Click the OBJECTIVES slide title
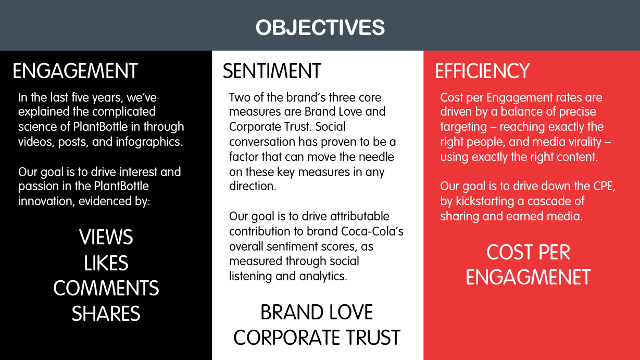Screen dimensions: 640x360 (x=320, y=28)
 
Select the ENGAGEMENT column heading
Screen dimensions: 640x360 (x=75, y=71)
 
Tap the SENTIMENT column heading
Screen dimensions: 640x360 (x=272, y=71)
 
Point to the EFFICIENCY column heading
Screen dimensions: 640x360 (x=482, y=71)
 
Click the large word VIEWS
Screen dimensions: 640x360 (x=106, y=237)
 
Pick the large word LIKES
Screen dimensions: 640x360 (x=106, y=263)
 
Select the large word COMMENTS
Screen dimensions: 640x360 (x=106, y=288)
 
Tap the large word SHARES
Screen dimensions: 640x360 (x=106, y=314)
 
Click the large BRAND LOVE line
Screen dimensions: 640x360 (x=317, y=312)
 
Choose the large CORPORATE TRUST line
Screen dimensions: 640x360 (x=317, y=338)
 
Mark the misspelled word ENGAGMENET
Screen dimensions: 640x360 (x=528, y=277)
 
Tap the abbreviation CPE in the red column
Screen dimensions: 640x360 (x=604, y=186)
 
